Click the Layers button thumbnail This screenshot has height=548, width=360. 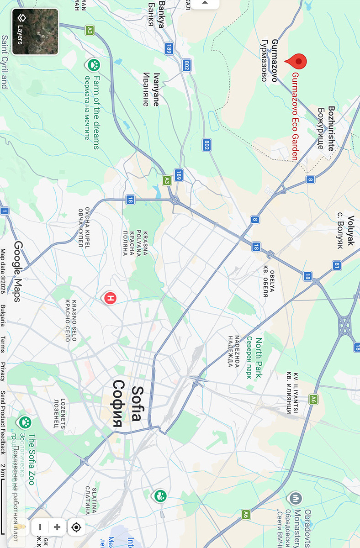pyautogui.click(x=35, y=32)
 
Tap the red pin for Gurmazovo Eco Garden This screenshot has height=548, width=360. pyautogui.click(x=296, y=62)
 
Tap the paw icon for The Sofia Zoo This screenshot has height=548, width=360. pyautogui.click(x=24, y=422)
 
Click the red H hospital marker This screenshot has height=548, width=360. pyautogui.click(x=110, y=299)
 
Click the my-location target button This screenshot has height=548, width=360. pyautogui.click(x=76, y=527)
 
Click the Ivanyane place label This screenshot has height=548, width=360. pyautogui.click(x=151, y=89)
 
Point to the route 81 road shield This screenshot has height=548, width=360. pyautogui.click(x=337, y=265)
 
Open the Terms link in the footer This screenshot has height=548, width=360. pyautogui.click(x=3, y=344)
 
